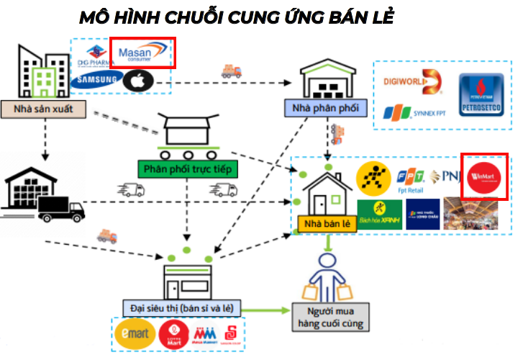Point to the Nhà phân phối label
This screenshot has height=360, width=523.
tap(324, 109)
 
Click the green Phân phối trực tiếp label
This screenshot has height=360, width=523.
tap(187, 170)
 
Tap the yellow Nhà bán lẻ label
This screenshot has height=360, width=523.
tap(327, 223)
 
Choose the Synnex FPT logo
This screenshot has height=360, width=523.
tap(410, 113)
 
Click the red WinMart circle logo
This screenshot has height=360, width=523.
tap(483, 175)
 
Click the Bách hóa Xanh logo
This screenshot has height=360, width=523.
tap(377, 211)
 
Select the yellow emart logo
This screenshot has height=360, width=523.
tap(134, 335)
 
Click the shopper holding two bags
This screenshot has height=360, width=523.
tap(329, 278)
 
